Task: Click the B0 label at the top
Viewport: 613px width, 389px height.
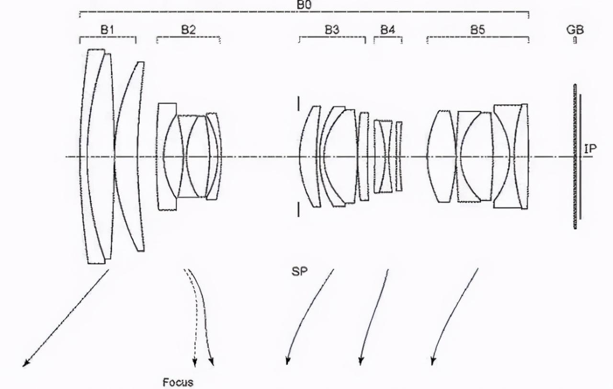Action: pos(304,5)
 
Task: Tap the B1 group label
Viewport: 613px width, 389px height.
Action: pos(107,30)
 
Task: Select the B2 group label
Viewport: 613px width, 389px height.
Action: pos(189,30)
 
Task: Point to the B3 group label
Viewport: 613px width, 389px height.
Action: pos(332,30)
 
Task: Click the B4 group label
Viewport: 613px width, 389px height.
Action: pos(388,30)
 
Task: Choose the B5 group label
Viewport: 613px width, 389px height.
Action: pos(477,30)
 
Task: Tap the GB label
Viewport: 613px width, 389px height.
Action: pos(575,30)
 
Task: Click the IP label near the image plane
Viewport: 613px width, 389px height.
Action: pos(590,149)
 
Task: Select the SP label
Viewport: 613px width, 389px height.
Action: pos(299,271)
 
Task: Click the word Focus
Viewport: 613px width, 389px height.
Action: pos(178,382)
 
